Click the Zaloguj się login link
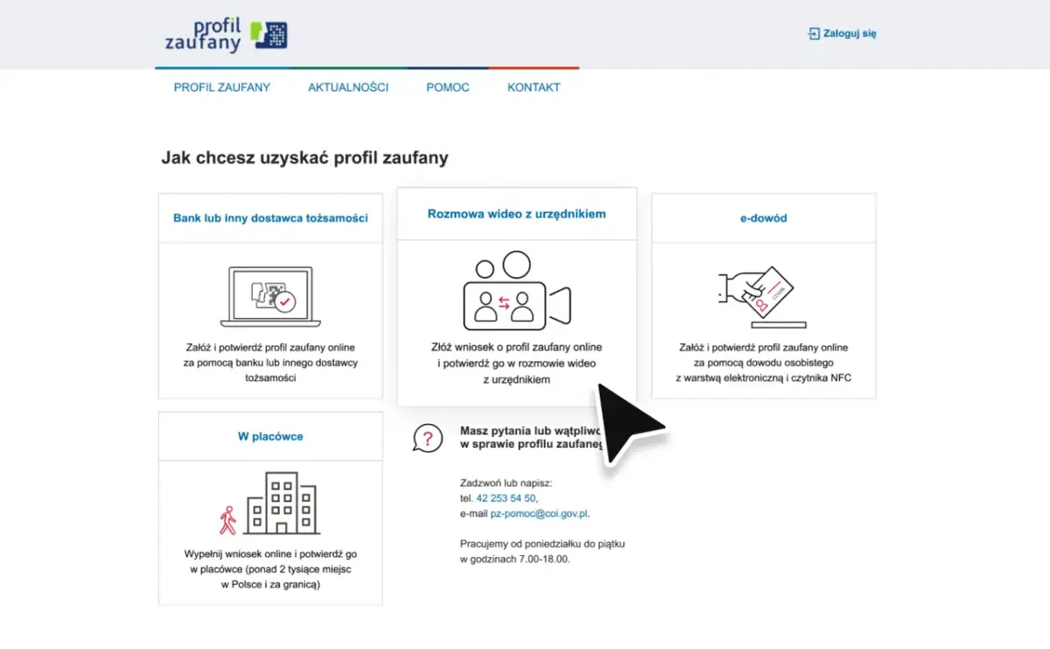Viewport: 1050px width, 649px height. [842, 33]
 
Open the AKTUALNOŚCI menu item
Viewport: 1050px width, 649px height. [348, 88]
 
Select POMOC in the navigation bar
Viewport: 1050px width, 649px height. [448, 88]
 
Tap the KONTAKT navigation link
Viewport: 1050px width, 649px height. [534, 88]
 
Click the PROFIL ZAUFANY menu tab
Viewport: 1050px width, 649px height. [221, 88]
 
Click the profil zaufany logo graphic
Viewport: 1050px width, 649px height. [227, 35]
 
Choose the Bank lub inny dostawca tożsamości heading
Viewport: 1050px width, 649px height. [270, 218]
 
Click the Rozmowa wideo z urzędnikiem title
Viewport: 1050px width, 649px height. [516, 214]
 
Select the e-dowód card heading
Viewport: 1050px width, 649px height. [764, 218]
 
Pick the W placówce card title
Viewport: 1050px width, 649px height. [270, 436]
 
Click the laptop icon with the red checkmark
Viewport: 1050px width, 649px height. [270, 297]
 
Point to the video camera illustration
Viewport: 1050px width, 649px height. [516, 291]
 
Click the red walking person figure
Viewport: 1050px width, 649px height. [227, 520]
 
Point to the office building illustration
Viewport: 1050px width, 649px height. [282, 503]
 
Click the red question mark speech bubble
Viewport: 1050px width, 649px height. [428, 438]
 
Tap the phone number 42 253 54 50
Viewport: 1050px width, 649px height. [506, 498]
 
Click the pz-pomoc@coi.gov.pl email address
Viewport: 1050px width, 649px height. [539, 513]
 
